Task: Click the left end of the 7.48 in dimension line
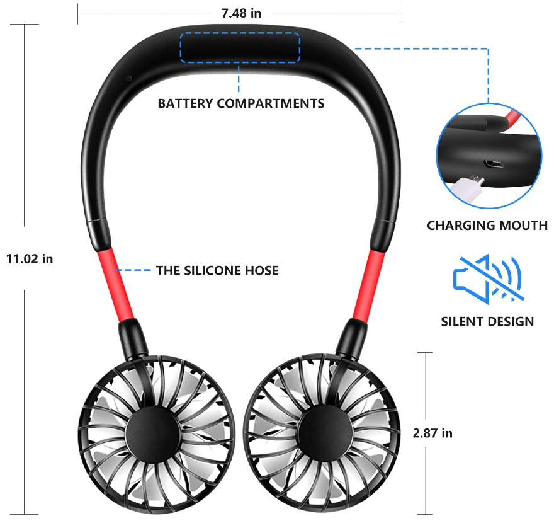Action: tap(77, 13)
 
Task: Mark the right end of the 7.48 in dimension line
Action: tap(402, 13)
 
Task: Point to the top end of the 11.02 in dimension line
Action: tap(25, 25)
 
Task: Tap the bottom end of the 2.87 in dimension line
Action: tap(426, 515)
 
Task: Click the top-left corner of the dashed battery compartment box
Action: tap(181, 33)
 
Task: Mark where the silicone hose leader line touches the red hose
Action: tap(116, 270)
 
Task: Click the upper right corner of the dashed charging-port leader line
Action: tap(489, 49)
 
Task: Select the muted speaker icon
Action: tap(488, 279)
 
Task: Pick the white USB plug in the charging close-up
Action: tap(466, 188)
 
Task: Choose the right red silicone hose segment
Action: tap(368, 285)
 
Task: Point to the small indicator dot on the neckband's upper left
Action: tap(129, 78)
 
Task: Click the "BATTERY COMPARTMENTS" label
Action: tap(241, 103)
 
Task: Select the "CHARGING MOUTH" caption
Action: tap(487, 226)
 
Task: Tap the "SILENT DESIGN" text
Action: tap(487, 321)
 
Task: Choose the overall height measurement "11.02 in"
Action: tap(30, 259)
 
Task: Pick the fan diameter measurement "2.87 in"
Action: tap(433, 433)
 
